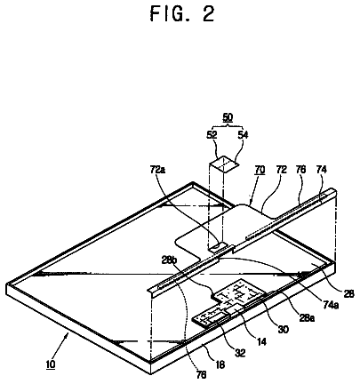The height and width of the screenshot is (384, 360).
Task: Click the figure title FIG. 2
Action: coord(182,13)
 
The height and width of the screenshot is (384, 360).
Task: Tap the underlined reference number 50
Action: coord(228,117)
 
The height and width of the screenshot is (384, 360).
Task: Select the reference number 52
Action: coord(212,135)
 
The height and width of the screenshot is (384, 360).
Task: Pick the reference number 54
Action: coord(243,135)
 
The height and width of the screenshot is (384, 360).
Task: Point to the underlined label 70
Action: coord(260,170)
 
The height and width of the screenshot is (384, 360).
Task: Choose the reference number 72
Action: coord(282,170)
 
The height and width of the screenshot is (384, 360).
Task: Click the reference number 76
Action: coord(301,170)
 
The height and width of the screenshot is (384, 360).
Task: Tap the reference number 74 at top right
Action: coord(321,170)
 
